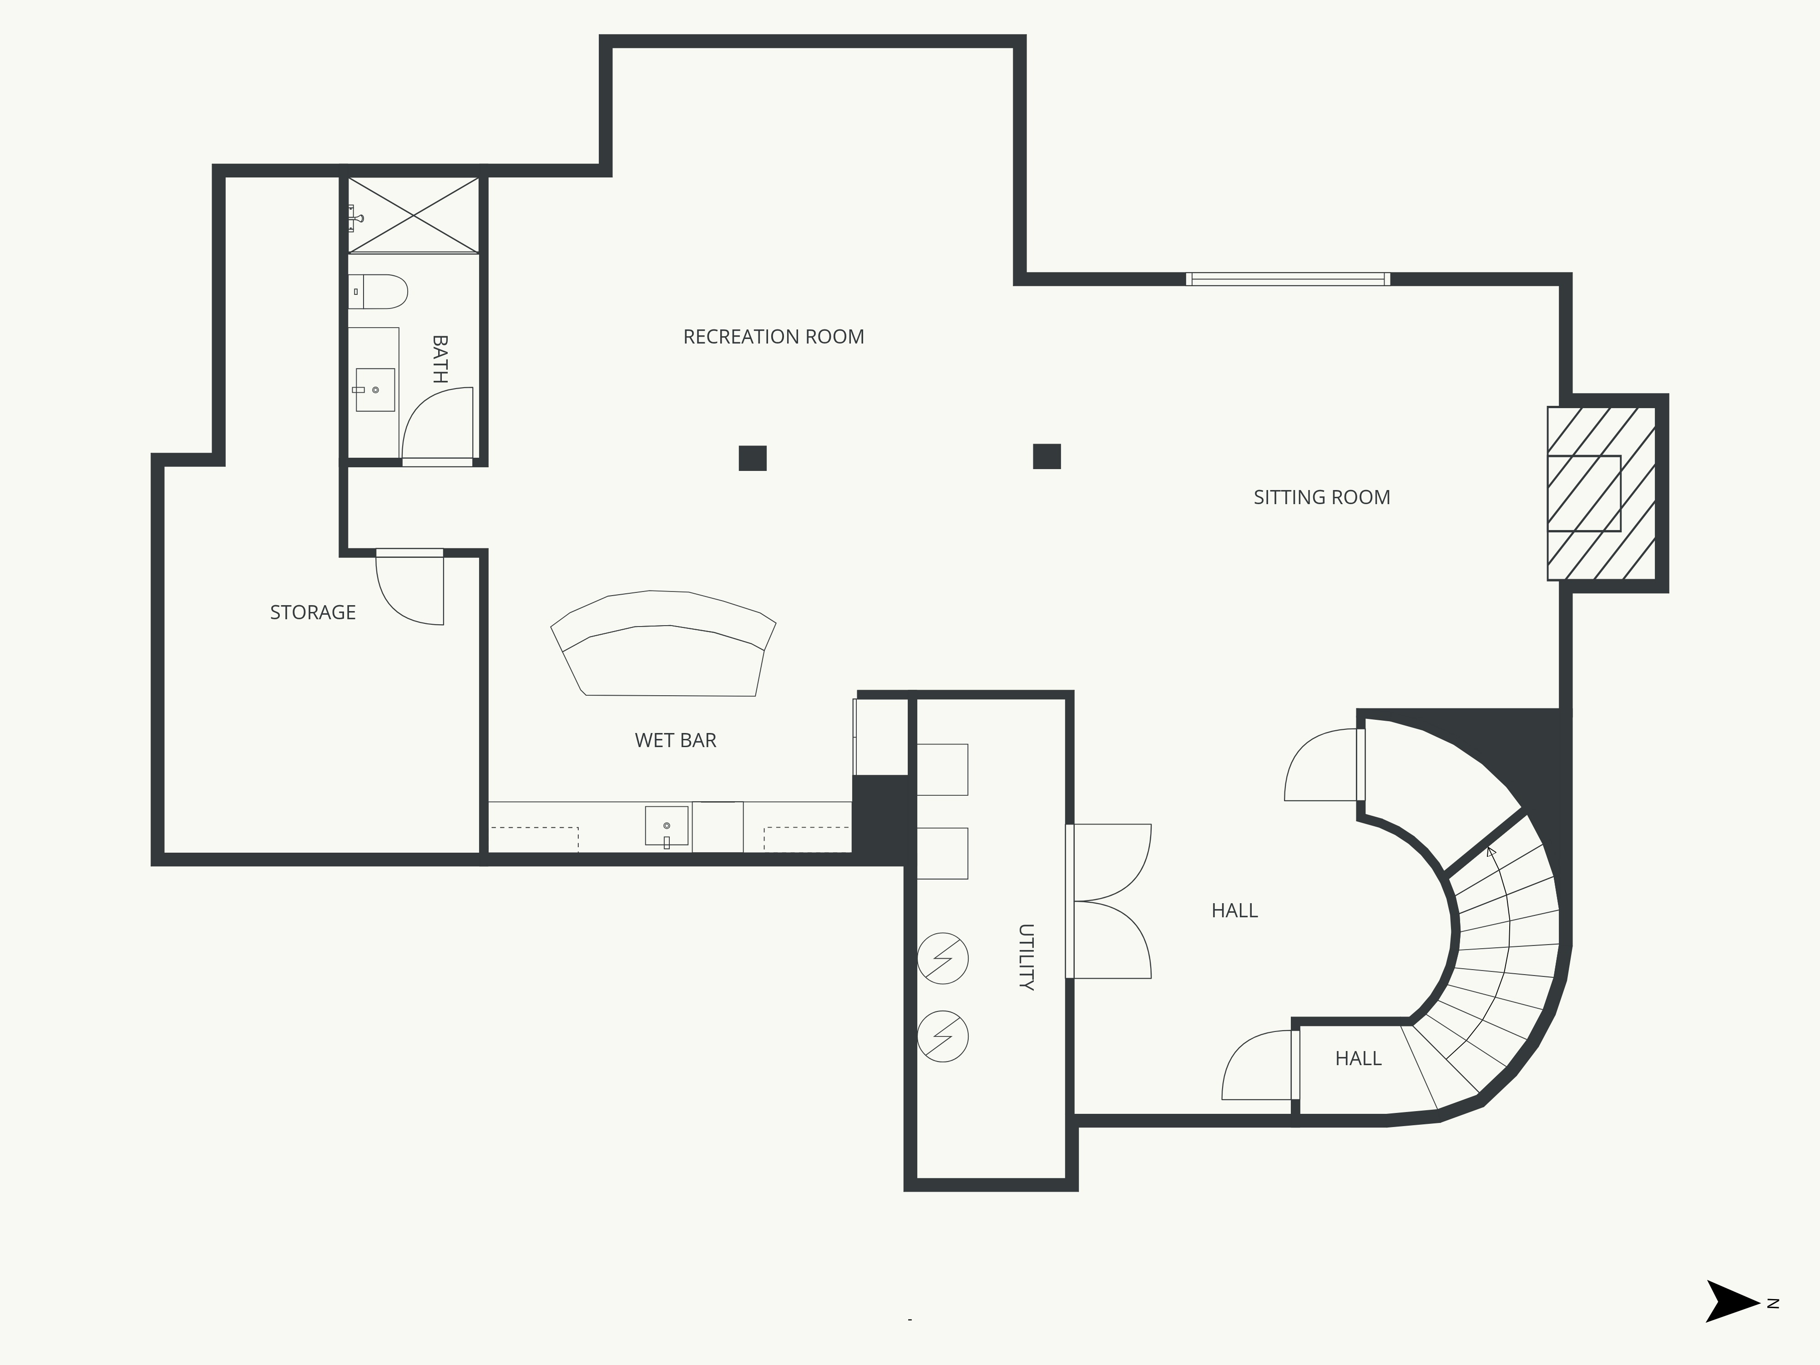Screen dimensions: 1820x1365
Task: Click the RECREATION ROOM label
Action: point(773,337)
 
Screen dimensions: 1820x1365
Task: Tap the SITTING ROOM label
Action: point(1321,497)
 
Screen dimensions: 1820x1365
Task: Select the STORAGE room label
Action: point(313,612)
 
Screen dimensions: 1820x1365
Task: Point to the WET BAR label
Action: point(676,740)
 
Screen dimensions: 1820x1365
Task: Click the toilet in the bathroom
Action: point(378,291)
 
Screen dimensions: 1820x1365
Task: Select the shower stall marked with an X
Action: point(413,215)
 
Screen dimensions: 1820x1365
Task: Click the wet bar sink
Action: point(667,826)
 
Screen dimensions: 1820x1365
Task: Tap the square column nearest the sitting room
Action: point(1046,456)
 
